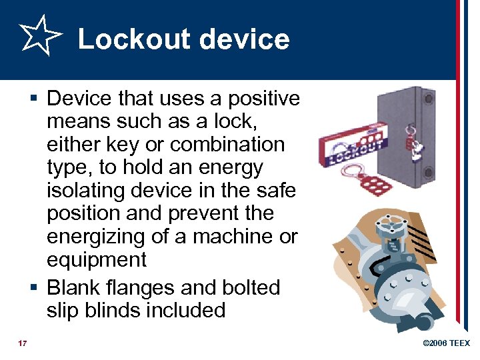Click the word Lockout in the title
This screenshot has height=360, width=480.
pos(130,39)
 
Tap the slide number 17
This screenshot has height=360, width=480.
pos(23,343)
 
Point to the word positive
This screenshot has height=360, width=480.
pos(264,99)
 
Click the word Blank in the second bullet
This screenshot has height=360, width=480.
pos(75,287)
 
